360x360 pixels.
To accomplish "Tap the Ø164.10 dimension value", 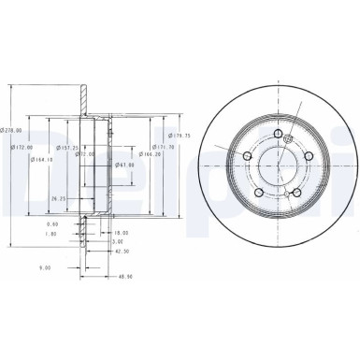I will pos(38,158).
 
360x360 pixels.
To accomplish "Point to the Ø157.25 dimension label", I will pos(67,147).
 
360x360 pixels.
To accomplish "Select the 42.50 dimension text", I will pos(121,251).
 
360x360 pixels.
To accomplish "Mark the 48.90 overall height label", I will pos(122,276).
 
